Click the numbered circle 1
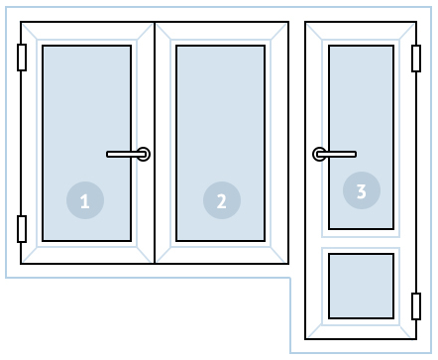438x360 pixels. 85,200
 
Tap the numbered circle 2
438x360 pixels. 222,200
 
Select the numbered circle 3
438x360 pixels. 362,190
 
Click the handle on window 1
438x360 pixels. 128,154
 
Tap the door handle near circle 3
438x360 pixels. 334,154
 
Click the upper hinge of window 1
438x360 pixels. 22,58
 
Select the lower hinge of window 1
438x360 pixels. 22,229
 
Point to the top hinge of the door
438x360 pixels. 416,59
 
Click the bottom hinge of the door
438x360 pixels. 416,306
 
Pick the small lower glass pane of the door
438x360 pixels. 362,287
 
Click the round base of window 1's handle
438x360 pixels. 144,154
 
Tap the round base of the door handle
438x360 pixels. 319,154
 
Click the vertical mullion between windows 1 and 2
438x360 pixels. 155,143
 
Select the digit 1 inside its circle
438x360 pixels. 85,201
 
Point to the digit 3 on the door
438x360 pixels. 362,191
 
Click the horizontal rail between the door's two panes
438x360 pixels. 361,242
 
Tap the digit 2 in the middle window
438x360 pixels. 222,201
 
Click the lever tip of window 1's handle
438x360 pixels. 108,154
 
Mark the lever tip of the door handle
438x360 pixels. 355,154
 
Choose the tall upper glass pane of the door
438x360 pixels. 362,137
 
